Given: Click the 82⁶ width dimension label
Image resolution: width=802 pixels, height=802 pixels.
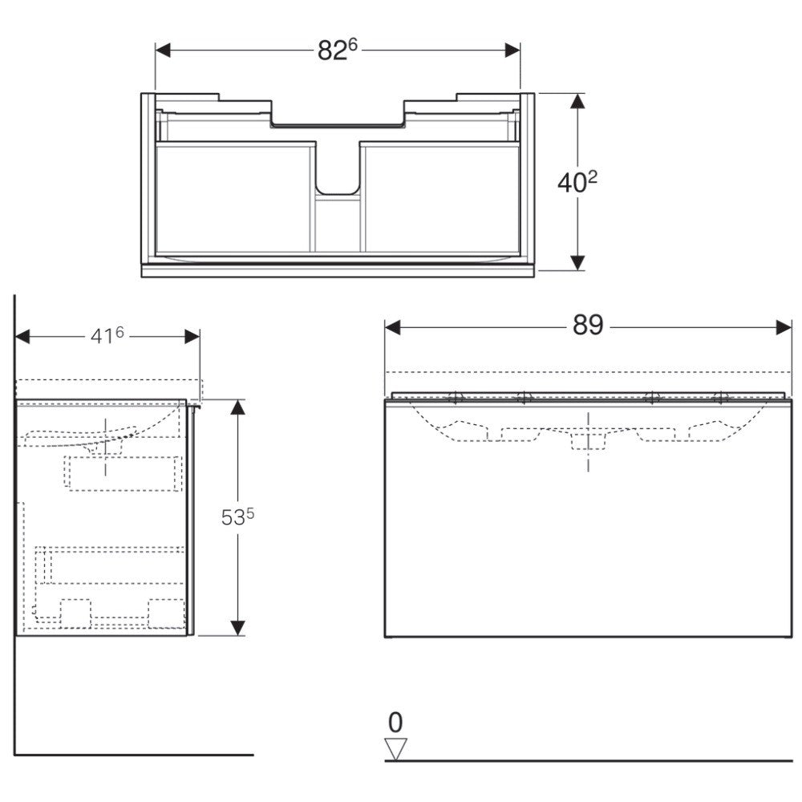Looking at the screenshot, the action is point(337,50).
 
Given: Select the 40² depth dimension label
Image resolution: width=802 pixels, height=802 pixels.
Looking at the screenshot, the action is point(577,182).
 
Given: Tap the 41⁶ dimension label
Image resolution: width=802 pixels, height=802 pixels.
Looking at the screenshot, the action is point(107,336).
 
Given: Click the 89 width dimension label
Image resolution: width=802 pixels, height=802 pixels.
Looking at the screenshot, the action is point(588,325).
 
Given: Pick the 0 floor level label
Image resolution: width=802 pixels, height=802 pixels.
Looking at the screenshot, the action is point(395,723).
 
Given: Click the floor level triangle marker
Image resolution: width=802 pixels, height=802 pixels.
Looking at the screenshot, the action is point(395,749).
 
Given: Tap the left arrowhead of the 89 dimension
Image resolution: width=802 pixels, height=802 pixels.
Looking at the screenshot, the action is point(392,328).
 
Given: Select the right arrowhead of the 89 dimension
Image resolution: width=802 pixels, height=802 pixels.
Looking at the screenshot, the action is point(784,328).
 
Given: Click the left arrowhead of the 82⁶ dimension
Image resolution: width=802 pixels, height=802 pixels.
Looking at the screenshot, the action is point(163,50).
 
